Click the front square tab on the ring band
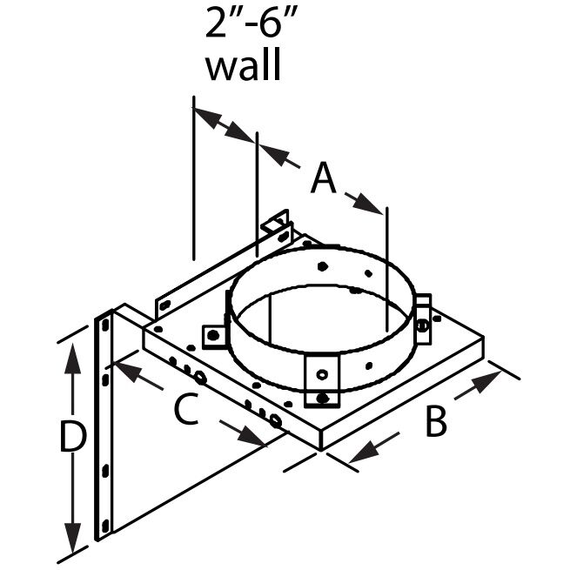tap(321, 375)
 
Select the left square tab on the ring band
tap(213, 335)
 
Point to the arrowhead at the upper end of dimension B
tap(494, 377)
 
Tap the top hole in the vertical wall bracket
tap(105, 324)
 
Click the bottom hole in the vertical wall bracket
tap(105, 526)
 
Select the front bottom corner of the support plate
tap(321, 449)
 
